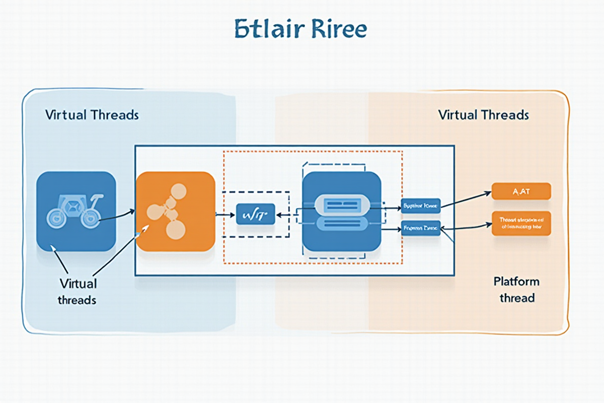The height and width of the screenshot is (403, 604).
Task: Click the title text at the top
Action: tap(300, 30)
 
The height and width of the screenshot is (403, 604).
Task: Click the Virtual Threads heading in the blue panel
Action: tap(92, 115)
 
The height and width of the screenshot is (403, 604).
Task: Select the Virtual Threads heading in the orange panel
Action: tap(484, 115)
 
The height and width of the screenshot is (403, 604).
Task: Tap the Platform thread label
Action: tap(516, 289)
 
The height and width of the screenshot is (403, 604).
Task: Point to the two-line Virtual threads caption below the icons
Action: tap(78, 291)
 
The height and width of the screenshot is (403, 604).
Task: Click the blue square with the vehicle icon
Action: tap(76, 211)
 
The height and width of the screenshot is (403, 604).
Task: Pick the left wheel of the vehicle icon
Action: tap(56, 218)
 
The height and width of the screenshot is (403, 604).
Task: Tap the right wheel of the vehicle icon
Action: tap(90, 218)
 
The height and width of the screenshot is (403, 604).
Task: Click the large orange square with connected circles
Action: tap(176, 211)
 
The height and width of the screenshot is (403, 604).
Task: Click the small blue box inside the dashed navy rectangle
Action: tap(255, 214)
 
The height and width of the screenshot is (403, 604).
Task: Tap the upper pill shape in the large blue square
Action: tap(342, 204)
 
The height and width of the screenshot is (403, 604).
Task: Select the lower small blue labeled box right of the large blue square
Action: tap(420, 228)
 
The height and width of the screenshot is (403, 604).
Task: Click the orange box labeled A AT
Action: tap(521, 191)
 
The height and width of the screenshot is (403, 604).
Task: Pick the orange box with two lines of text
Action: tap(521, 223)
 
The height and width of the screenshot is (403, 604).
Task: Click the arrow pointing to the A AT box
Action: tap(466, 198)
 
